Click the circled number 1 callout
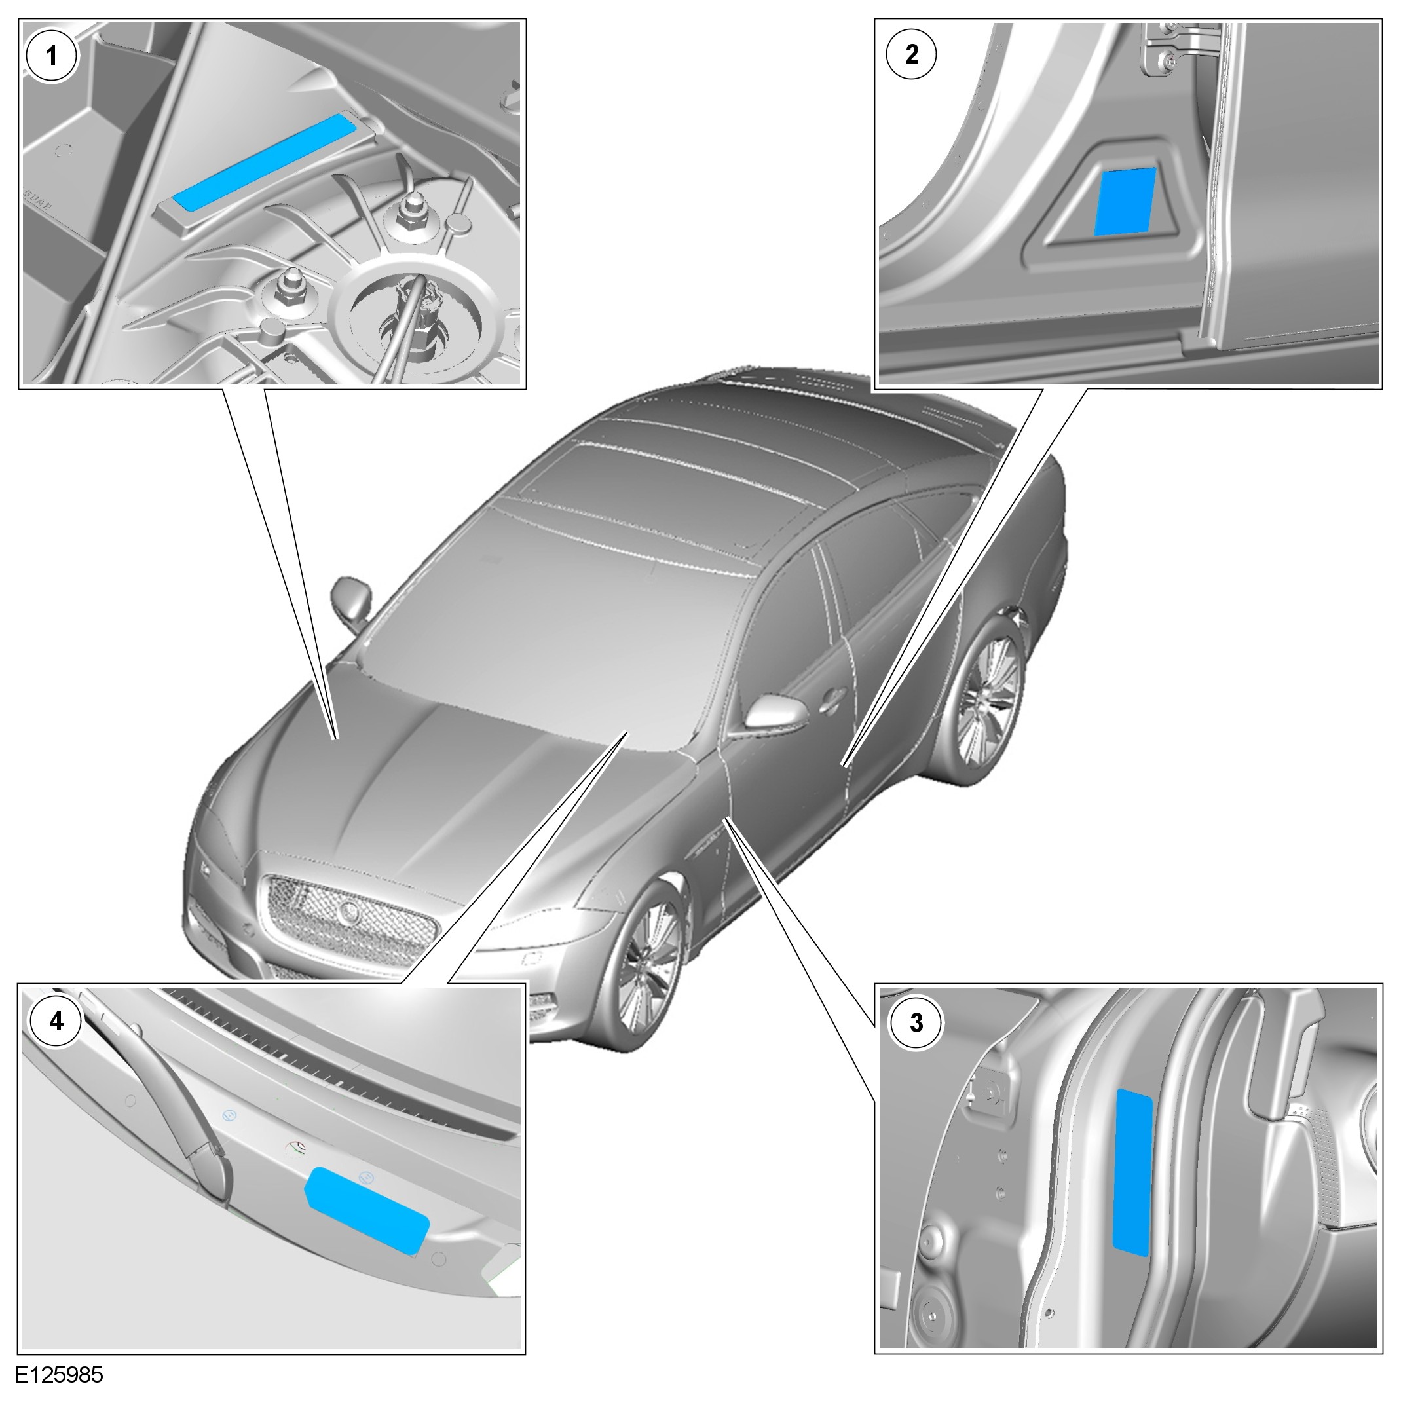point(52,55)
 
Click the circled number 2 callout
point(912,54)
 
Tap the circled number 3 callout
point(916,1022)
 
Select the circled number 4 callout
point(56,1021)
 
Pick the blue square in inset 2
point(1125,202)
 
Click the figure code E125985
point(60,1375)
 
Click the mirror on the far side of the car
point(352,600)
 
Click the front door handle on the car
point(832,698)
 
